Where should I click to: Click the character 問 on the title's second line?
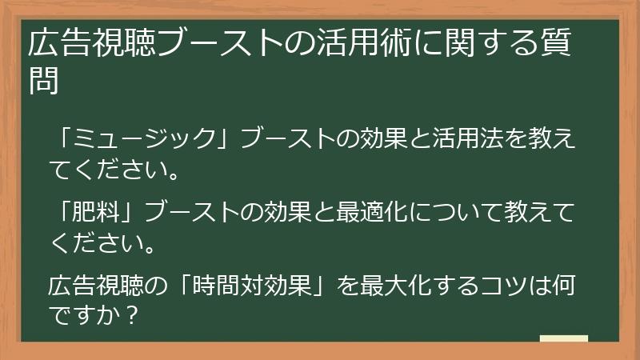(x=45, y=80)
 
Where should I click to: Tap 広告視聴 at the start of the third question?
(x=96, y=284)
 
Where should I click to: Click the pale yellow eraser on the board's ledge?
(x=563, y=338)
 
